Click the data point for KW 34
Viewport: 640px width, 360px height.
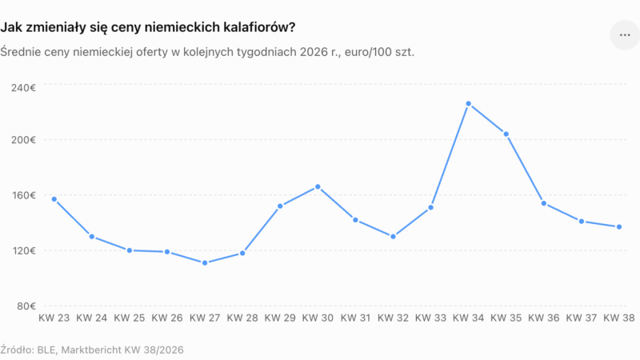[x=468, y=104]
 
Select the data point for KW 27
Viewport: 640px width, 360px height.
[x=205, y=263]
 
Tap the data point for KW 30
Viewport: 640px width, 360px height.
[x=318, y=187]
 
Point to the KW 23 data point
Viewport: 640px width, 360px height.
[x=54, y=199]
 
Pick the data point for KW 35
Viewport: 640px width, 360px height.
[x=506, y=134]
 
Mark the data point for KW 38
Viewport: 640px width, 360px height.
[x=618, y=227]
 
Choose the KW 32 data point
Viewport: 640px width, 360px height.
[x=393, y=237]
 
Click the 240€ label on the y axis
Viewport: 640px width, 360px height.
[x=23, y=88]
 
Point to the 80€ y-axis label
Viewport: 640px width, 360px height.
[x=26, y=306]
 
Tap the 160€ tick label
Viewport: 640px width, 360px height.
[x=24, y=195]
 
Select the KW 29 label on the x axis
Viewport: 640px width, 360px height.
[x=280, y=318]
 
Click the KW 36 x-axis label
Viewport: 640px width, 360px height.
[x=544, y=318]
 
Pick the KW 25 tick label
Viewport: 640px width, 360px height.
[x=130, y=318]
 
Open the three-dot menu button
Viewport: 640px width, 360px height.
[x=625, y=35]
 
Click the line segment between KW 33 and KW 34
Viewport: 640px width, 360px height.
[x=450, y=155]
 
